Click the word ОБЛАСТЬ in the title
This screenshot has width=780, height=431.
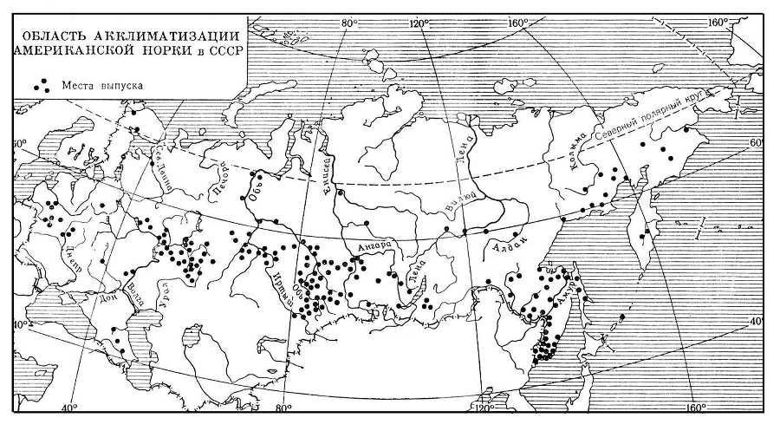55,36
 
